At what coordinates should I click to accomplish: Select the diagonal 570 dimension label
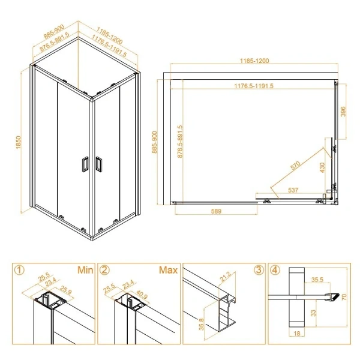295,166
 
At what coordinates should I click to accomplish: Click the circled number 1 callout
21,270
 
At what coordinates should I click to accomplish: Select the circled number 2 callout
104,270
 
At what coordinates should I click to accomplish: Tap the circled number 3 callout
258,270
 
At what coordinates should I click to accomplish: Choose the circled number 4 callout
274,270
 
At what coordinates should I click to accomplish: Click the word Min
84,270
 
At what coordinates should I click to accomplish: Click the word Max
168,270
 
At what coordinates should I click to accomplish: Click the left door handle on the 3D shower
85,164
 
